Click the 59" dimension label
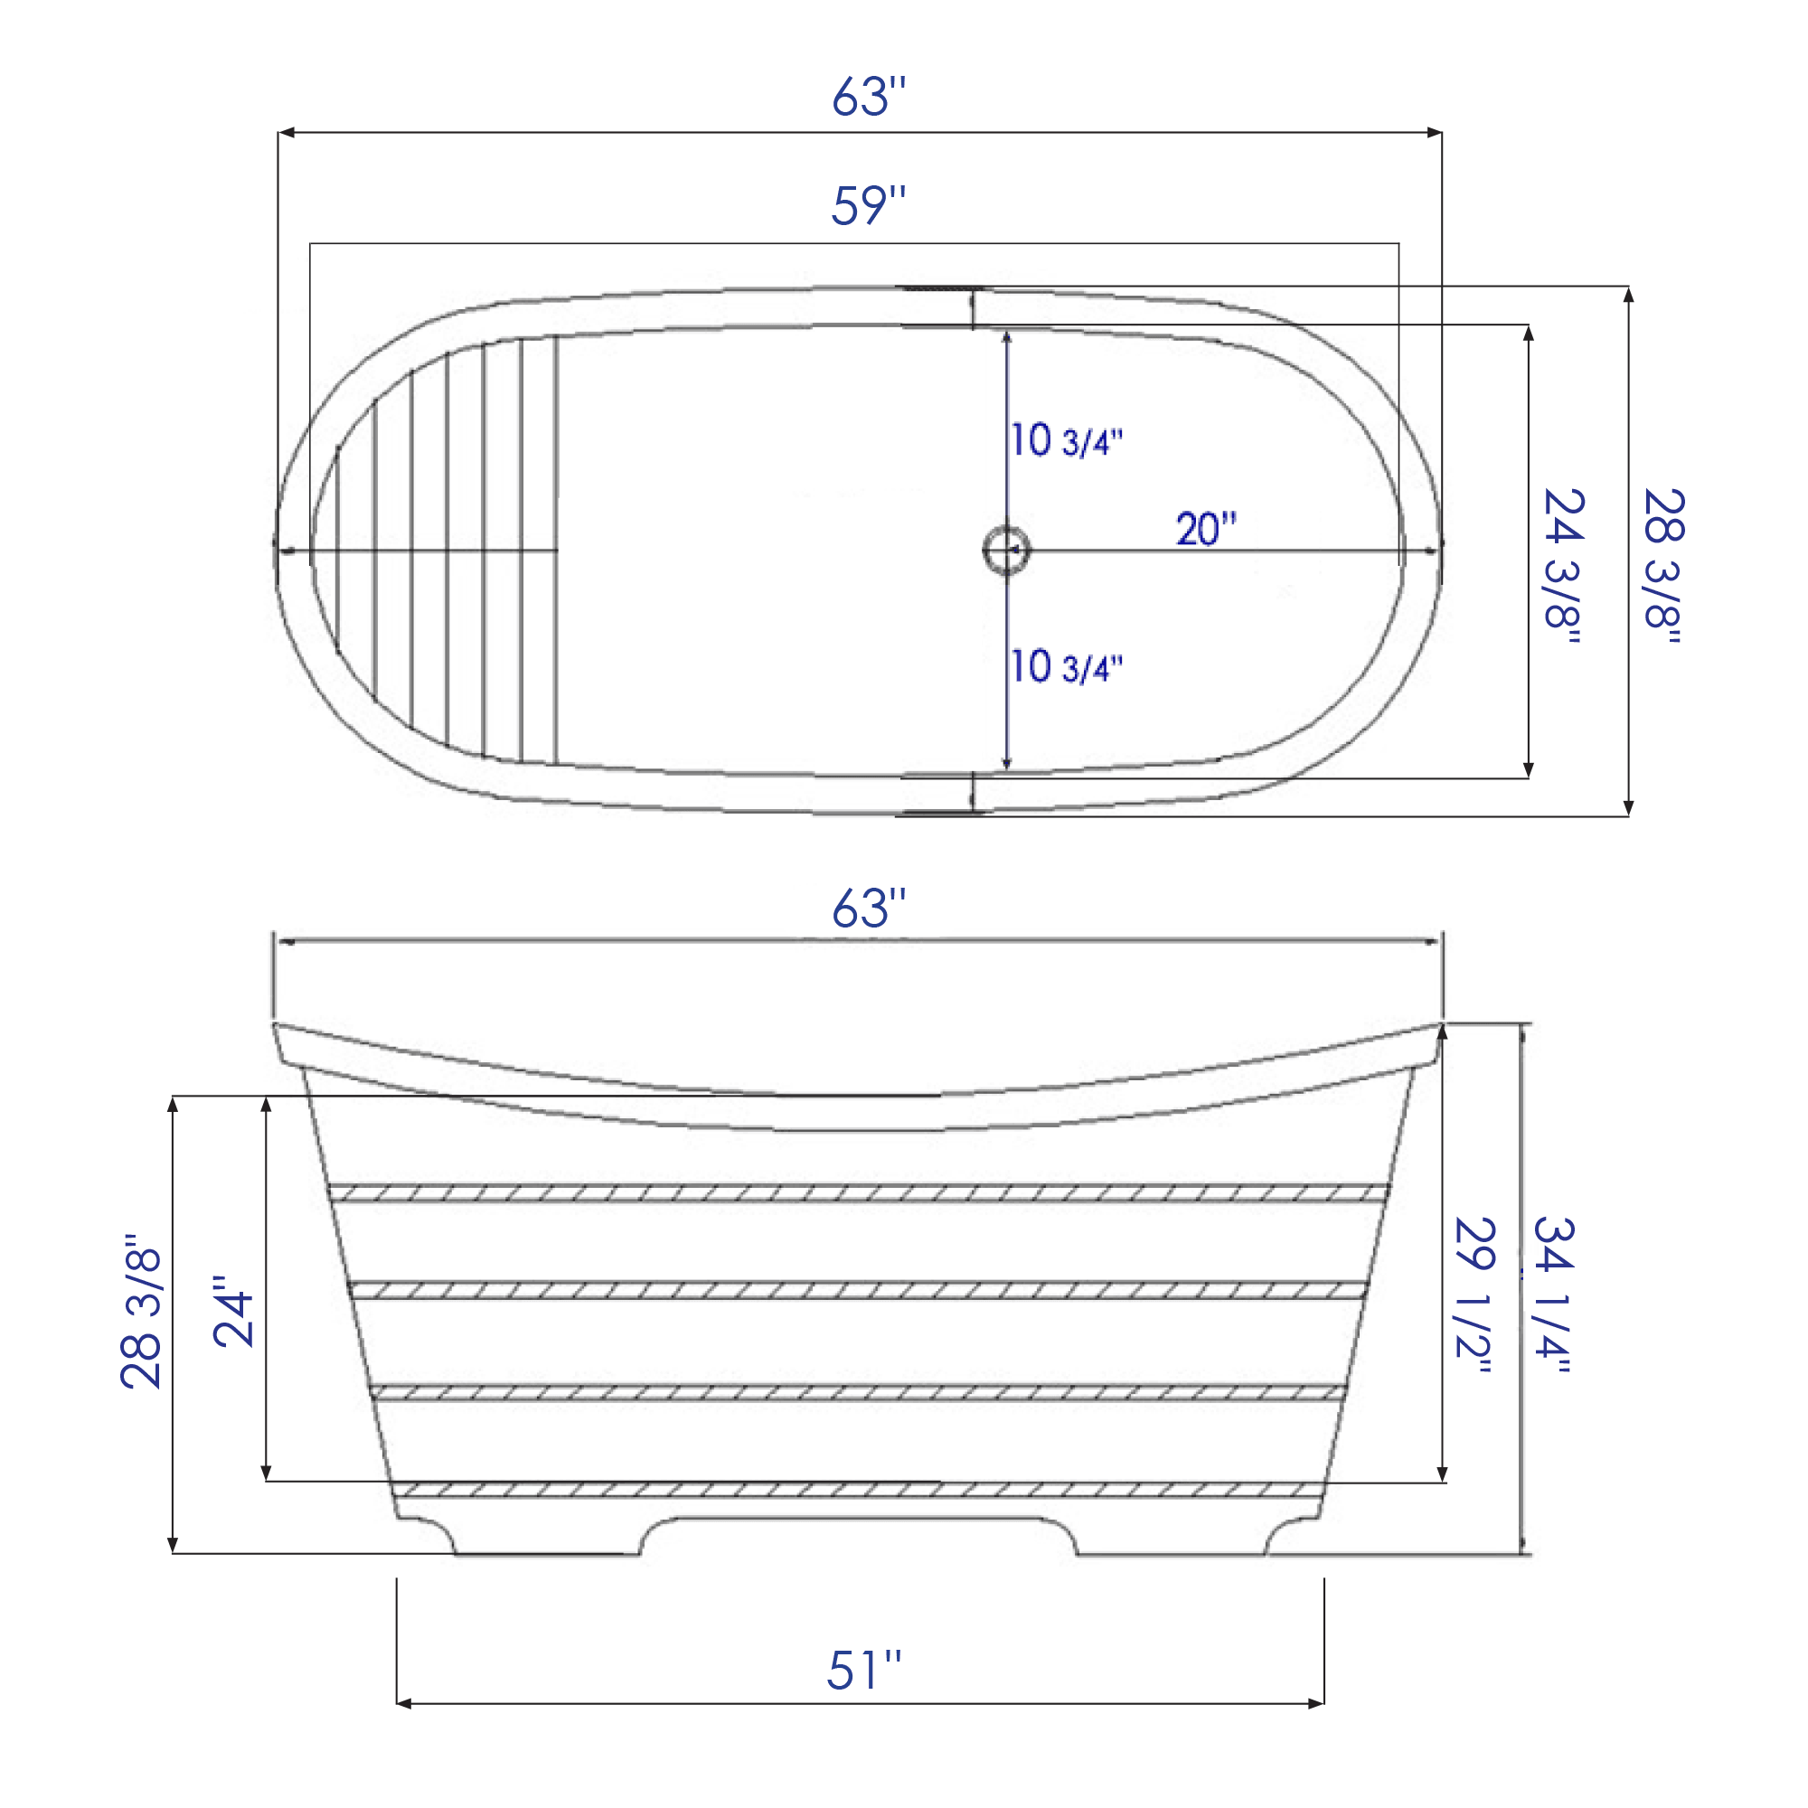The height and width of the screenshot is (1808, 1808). click(x=869, y=206)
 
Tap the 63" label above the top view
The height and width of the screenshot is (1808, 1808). click(x=869, y=97)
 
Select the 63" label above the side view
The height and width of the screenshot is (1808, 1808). click(x=869, y=909)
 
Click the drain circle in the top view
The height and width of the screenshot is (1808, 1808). click(x=1006, y=551)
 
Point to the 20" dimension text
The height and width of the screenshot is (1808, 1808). click(x=1205, y=529)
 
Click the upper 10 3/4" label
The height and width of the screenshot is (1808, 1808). click(x=1066, y=440)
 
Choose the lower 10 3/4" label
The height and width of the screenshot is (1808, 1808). click(x=1066, y=666)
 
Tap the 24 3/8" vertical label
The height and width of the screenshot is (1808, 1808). click(x=1562, y=565)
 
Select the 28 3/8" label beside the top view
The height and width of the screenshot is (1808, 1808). click(x=1663, y=565)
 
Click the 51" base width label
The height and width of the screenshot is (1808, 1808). click(x=862, y=1671)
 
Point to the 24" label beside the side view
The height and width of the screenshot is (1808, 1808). click(x=234, y=1310)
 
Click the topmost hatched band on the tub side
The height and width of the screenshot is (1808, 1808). click(x=857, y=1193)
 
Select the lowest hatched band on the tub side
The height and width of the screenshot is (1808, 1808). click(x=857, y=1491)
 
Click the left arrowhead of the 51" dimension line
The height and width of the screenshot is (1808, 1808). click(x=403, y=1703)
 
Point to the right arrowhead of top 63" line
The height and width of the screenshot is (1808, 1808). click(x=1434, y=133)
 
